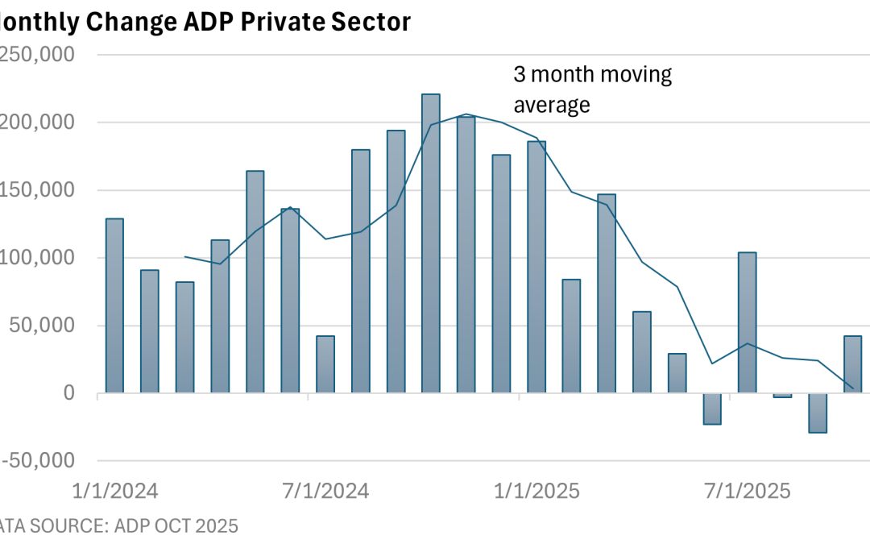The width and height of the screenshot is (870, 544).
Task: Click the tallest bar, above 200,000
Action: (x=431, y=242)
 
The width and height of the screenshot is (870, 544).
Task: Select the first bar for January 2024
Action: (x=114, y=306)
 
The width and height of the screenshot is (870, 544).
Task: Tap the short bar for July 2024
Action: (x=325, y=364)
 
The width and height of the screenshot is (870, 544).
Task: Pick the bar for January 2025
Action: (x=536, y=266)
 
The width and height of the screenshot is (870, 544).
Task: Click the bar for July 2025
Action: (x=747, y=322)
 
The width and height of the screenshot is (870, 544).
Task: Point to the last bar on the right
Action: (x=852, y=364)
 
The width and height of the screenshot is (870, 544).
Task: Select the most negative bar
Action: (x=817, y=413)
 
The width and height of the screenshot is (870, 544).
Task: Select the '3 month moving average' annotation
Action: (x=593, y=89)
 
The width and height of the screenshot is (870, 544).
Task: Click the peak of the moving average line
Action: (x=466, y=114)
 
